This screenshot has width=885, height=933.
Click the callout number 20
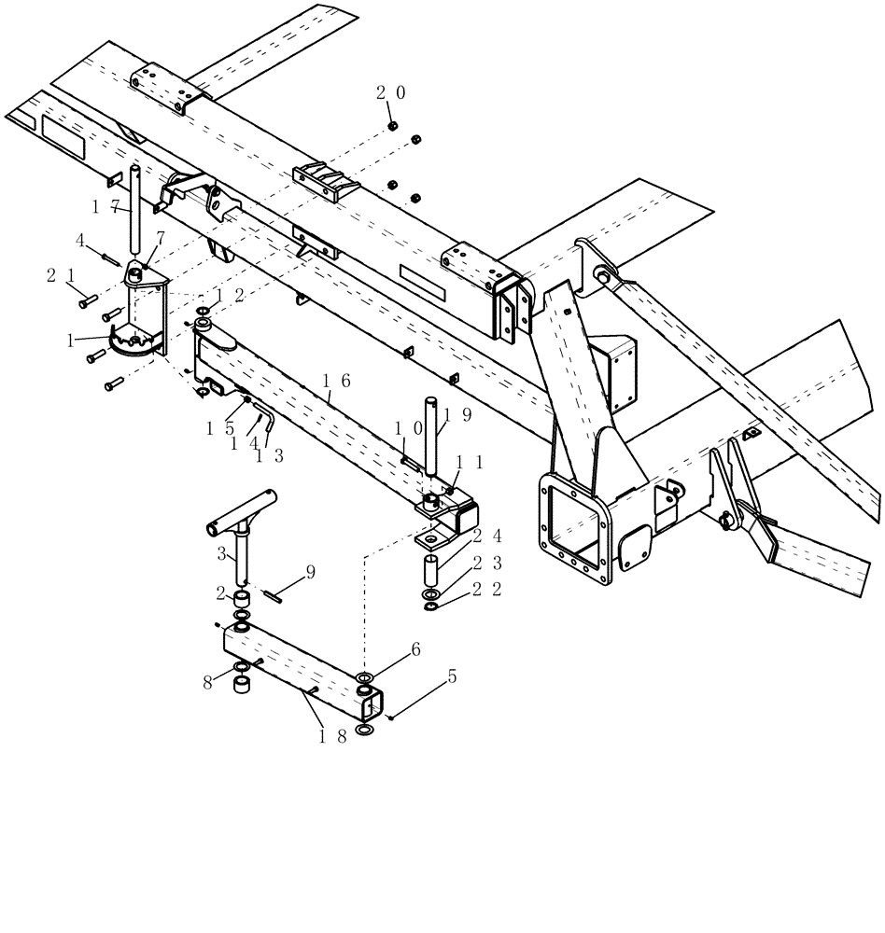pyautogui.click(x=390, y=92)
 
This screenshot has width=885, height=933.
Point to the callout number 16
pyautogui.click(x=336, y=381)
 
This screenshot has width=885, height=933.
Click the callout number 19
pyautogui.click(x=457, y=414)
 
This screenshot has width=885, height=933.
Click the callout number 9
pyautogui.click(x=310, y=571)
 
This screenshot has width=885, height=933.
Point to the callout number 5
pyautogui.click(x=452, y=676)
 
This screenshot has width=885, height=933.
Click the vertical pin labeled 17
pyautogui.click(x=135, y=210)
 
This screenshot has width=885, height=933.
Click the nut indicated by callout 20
pyautogui.click(x=394, y=125)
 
